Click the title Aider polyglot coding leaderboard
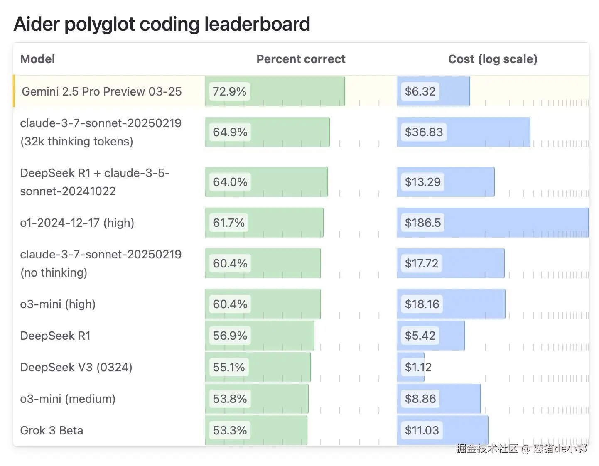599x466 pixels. click(162, 24)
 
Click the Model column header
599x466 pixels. click(37, 59)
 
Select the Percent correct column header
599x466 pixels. click(301, 59)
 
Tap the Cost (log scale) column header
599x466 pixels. click(492, 59)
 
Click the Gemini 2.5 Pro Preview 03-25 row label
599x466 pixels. click(101, 91)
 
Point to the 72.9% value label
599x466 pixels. click(229, 91)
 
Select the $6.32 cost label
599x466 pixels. click(420, 91)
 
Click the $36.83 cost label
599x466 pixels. click(424, 132)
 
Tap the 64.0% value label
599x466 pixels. click(230, 182)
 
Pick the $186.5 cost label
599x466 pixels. click(422, 223)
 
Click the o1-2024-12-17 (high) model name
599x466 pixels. click(77, 223)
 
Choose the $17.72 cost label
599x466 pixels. click(421, 263)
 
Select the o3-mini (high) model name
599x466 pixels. click(58, 304)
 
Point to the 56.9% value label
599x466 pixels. click(230, 336)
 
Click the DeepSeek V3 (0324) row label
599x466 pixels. click(76, 367)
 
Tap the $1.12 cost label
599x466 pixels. click(418, 367)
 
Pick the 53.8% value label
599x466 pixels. click(230, 399)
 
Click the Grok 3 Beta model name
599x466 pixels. click(52, 430)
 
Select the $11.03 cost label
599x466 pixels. click(422, 430)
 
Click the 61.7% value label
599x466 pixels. click(228, 223)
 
